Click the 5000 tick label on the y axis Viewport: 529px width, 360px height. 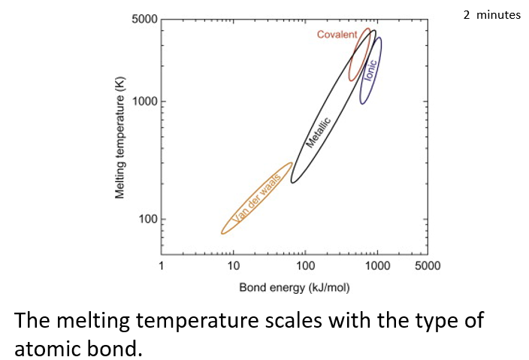tap(144, 19)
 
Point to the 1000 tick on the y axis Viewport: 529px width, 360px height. tap(144, 101)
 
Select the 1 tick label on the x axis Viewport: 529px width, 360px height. tap(161, 265)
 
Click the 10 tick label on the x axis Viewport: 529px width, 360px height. tap(233, 265)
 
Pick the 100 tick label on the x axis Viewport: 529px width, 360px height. tap(305, 265)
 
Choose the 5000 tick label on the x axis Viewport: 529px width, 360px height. tap(428, 265)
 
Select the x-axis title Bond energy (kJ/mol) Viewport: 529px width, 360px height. tap(294, 287)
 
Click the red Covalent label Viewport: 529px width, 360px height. tap(337, 35)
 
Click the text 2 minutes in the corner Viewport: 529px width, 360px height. tap(491, 15)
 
